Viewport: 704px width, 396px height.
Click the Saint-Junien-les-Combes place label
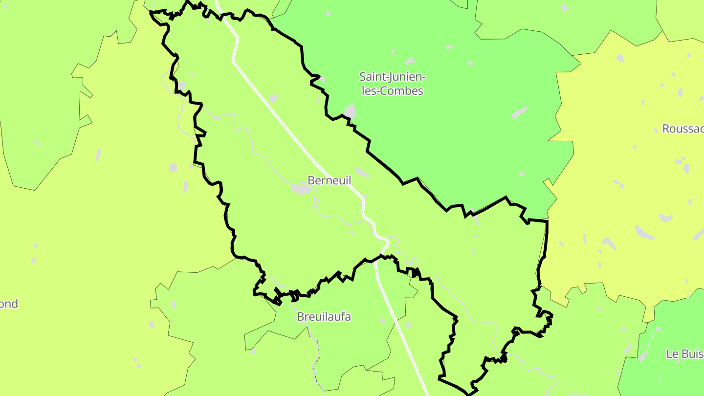click(x=392, y=84)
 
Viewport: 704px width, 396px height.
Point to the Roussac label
click(x=682, y=129)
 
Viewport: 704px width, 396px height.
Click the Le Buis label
click(x=684, y=354)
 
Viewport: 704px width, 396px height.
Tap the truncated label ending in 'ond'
click(x=9, y=304)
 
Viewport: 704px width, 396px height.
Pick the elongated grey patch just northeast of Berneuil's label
click(x=362, y=173)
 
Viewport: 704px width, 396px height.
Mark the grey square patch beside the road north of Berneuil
click(x=273, y=98)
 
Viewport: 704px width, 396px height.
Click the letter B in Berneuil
click(x=311, y=180)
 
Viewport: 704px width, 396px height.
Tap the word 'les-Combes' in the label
click(x=392, y=91)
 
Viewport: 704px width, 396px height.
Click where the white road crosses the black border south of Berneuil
click(x=376, y=259)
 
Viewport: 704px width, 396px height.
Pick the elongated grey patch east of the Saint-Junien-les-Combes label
click(x=520, y=113)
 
